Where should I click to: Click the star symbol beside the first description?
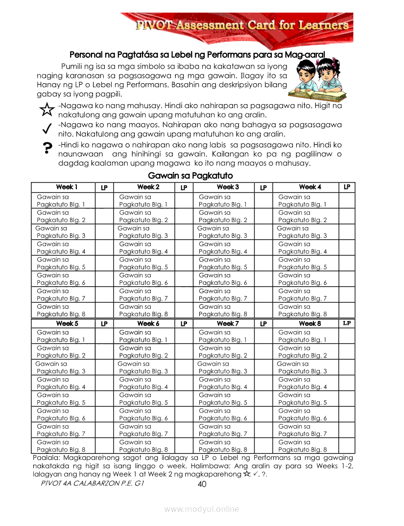(46, 110)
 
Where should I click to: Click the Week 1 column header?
(67, 187)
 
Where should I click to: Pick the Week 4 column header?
(310, 187)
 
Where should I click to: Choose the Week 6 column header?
(148, 323)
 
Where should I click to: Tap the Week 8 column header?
(310, 323)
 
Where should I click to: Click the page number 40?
(202, 484)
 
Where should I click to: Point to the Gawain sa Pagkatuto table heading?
(190, 176)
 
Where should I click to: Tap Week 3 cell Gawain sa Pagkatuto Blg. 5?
(223, 263)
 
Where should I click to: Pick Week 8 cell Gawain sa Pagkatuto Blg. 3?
(302, 367)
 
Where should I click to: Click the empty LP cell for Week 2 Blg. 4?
(184, 248)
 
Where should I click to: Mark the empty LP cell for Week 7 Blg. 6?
(263, 414)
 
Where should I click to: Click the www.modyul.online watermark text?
(202, 509)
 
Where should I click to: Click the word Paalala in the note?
(48, 458)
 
